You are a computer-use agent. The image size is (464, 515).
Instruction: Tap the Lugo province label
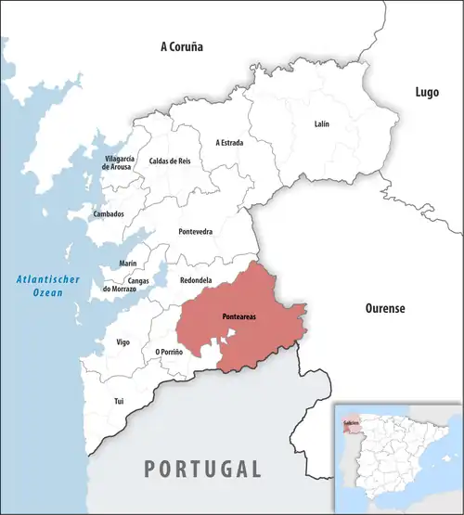coord(426,92)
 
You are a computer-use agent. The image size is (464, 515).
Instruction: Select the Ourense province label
coord(382,308)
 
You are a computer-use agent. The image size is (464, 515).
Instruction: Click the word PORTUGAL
coord(201,468)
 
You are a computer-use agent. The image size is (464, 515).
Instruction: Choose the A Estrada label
coord(230,142)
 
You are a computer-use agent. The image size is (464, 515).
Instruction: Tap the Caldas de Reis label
coord(170,161)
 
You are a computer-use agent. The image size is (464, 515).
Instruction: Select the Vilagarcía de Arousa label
coord(120,162)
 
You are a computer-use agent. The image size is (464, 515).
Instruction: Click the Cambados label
coord(109,214)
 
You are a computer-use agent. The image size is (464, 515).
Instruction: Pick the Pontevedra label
coord(195,230)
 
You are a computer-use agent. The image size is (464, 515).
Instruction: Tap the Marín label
coord(128,264)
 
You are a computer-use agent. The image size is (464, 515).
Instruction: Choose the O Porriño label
coord(169,352)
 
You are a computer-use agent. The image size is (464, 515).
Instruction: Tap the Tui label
coord(118,400)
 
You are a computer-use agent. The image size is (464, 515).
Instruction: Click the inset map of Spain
coord(397,456)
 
